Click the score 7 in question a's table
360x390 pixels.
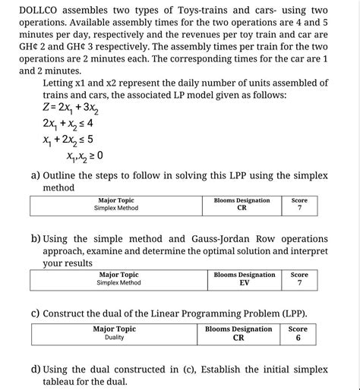pos(299,208)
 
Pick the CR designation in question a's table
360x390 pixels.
pos(242,208)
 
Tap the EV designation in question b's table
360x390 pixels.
pos(244,282)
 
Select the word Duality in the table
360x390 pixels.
pos(114,338)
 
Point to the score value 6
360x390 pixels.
pos(298,338)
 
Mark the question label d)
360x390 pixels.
pos(36,369)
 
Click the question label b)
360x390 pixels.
pos(36,238)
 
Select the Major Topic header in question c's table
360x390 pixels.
pos(114,329)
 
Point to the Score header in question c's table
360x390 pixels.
pos(298,329)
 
